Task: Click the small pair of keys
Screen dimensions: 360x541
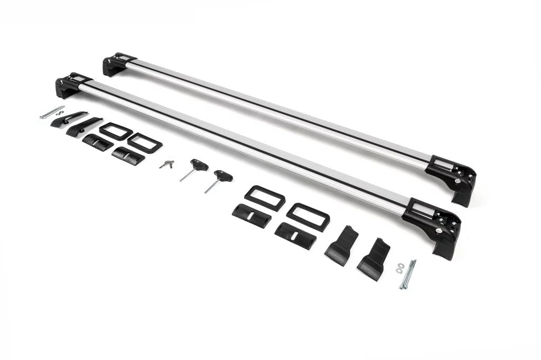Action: click(166, 164)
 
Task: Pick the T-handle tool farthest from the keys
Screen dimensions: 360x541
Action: click(221, 178)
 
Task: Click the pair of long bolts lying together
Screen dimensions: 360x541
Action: click(408, 274)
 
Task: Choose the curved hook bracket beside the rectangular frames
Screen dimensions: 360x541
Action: click(85, 126)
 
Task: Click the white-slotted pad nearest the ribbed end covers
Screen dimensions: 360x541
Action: click(296, 235)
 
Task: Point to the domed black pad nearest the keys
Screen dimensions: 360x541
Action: click(128, 155)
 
